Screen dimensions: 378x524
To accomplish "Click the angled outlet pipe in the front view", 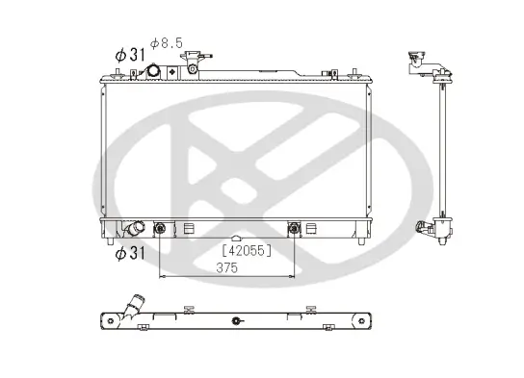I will (134, 230).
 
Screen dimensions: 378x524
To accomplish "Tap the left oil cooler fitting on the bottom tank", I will (160, 229).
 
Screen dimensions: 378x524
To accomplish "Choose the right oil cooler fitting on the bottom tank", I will (295, 228).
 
